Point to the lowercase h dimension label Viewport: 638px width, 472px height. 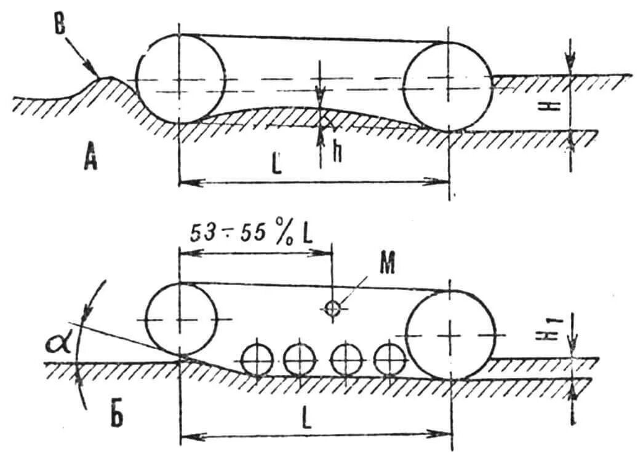pyautogui.click(x=338, y=152)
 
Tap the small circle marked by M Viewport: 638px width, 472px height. pyautogui.click(x=332, y=309)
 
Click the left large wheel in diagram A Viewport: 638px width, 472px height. pyautogui.click(x=180, y=79)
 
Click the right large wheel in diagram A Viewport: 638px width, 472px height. pyautogui.click(x=449, y=86)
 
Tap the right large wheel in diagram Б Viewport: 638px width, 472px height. pyautogui.click(x=451, y=336)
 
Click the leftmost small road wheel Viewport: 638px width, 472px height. pyautogui.click(x=257, y=360)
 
